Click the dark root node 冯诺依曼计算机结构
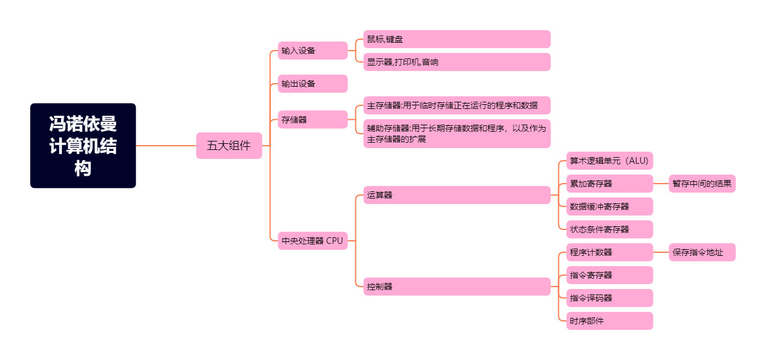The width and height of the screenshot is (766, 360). [x=83, y=146]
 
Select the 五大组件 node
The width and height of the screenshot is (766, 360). [x=229, y=146]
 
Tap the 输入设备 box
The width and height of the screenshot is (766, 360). [x=313, y=51]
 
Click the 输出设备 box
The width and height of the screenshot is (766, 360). [x=313, y=84]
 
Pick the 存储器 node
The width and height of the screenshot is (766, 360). [x=313, y=120]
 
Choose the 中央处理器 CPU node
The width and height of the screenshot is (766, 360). [x=313, y=241]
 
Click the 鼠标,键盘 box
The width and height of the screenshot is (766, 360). [x=456, y=39]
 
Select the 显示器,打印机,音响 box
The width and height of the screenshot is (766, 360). [x=456, y=62]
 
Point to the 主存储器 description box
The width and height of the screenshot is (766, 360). [x=456, y=105]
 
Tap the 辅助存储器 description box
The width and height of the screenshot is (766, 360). [x=456, y=134]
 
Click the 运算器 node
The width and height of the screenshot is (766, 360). [x=456, y=195]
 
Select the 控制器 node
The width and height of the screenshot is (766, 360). [x=456, y=287]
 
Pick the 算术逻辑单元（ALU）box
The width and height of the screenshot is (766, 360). [x=609, y=161]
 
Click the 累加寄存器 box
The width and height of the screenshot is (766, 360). [x=609, y=184]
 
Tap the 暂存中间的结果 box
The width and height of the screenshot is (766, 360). [x=702, y=184]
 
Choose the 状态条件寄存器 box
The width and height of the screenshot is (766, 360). [x=609, y=229]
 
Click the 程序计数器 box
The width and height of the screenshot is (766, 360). [x=609, y=252]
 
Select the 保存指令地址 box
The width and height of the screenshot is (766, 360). [x=702, y=252]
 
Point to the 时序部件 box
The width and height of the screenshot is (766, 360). [x=609, y=321]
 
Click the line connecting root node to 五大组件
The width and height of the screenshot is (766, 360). [x=166, y=146]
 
